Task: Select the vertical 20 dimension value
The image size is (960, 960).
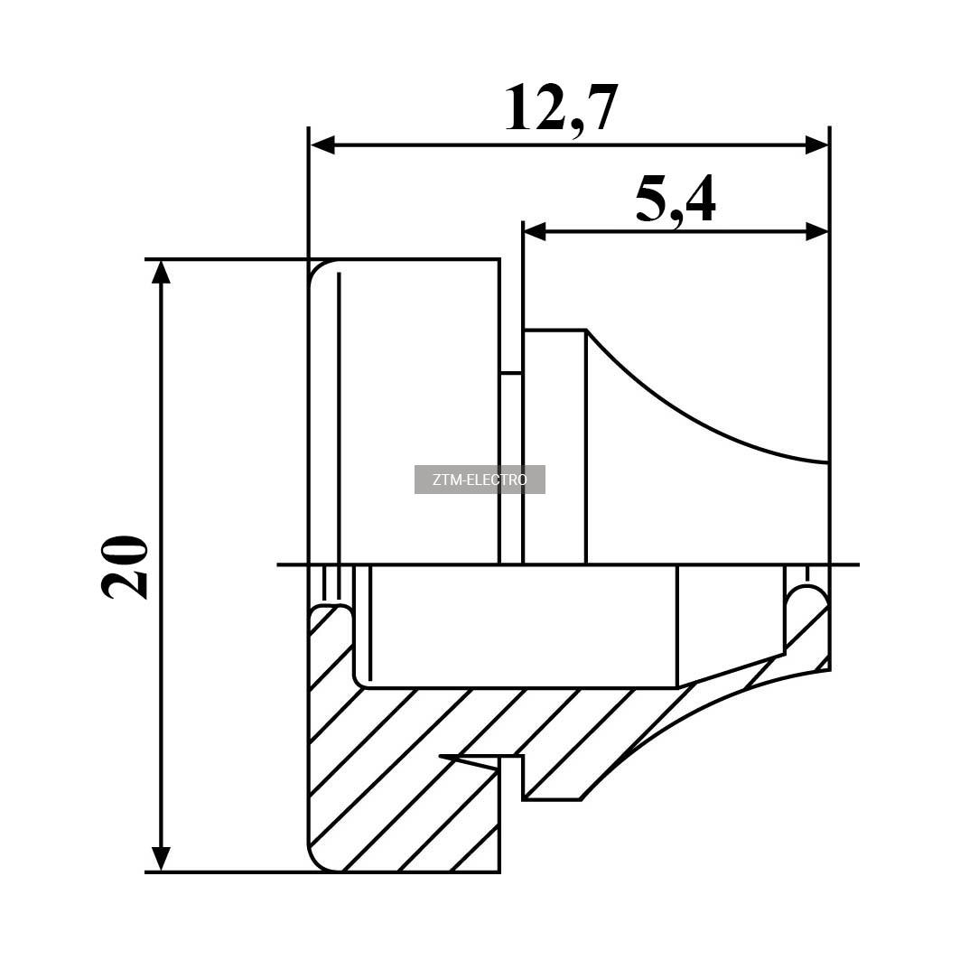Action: click(125, 567)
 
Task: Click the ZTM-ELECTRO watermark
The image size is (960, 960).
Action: click(480, 480)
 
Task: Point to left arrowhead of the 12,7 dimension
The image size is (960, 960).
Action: click(322, 145)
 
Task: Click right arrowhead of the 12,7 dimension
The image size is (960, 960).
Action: click(816, 145)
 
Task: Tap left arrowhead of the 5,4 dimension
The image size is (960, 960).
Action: click(535, 232)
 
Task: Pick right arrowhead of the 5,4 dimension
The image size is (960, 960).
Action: click(816, 232)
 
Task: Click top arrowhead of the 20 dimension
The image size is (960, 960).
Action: click(161, 273)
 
